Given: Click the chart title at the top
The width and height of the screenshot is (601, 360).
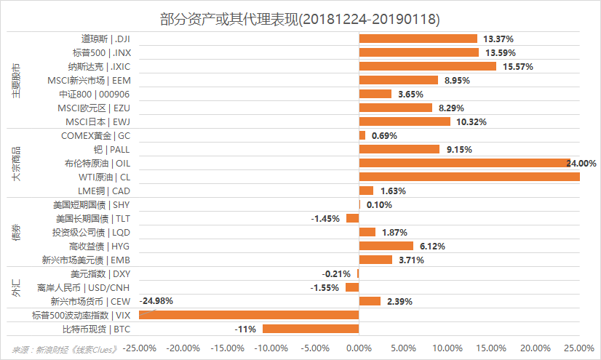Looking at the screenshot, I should (300, 16).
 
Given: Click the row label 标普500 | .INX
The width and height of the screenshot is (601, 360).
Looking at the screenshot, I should (101, 52).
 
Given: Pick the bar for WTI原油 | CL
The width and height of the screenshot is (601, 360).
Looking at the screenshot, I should (469, 177).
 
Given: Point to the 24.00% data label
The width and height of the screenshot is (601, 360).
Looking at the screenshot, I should (581, 163).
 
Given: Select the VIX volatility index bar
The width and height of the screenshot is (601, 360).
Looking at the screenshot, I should (249, 315).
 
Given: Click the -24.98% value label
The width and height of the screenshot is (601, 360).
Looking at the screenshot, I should (157, 300).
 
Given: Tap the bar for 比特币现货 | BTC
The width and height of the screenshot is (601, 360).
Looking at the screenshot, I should (311, 329).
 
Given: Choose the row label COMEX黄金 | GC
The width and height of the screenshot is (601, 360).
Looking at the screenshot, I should (96, 135).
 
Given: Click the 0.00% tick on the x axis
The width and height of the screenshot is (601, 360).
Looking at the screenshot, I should (359, 348).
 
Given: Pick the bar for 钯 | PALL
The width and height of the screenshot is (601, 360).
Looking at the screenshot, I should (399, 149).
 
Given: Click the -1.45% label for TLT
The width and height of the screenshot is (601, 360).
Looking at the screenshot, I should (325, 218).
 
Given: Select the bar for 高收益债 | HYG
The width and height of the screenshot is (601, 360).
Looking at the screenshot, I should (386, 246).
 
